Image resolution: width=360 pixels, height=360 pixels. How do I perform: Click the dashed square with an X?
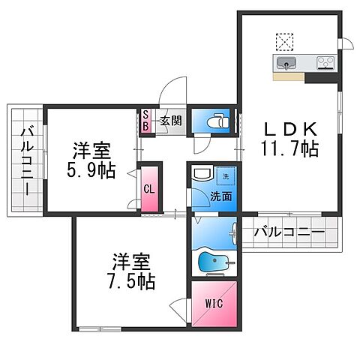tap(286, 40)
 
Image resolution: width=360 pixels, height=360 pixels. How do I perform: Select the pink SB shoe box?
tap(147, 121)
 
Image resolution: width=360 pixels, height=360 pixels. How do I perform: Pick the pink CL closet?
tap(149, 190)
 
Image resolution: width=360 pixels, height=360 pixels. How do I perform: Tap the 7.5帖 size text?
tap(133, 281)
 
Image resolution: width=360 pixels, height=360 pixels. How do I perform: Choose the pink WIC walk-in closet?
tap(214, 304)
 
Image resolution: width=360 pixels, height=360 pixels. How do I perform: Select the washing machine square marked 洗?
tap(224, 177)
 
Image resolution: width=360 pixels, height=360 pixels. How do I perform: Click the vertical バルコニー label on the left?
tap(25, 160)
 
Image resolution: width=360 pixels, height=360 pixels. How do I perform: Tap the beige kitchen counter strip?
tap(289, 76)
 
